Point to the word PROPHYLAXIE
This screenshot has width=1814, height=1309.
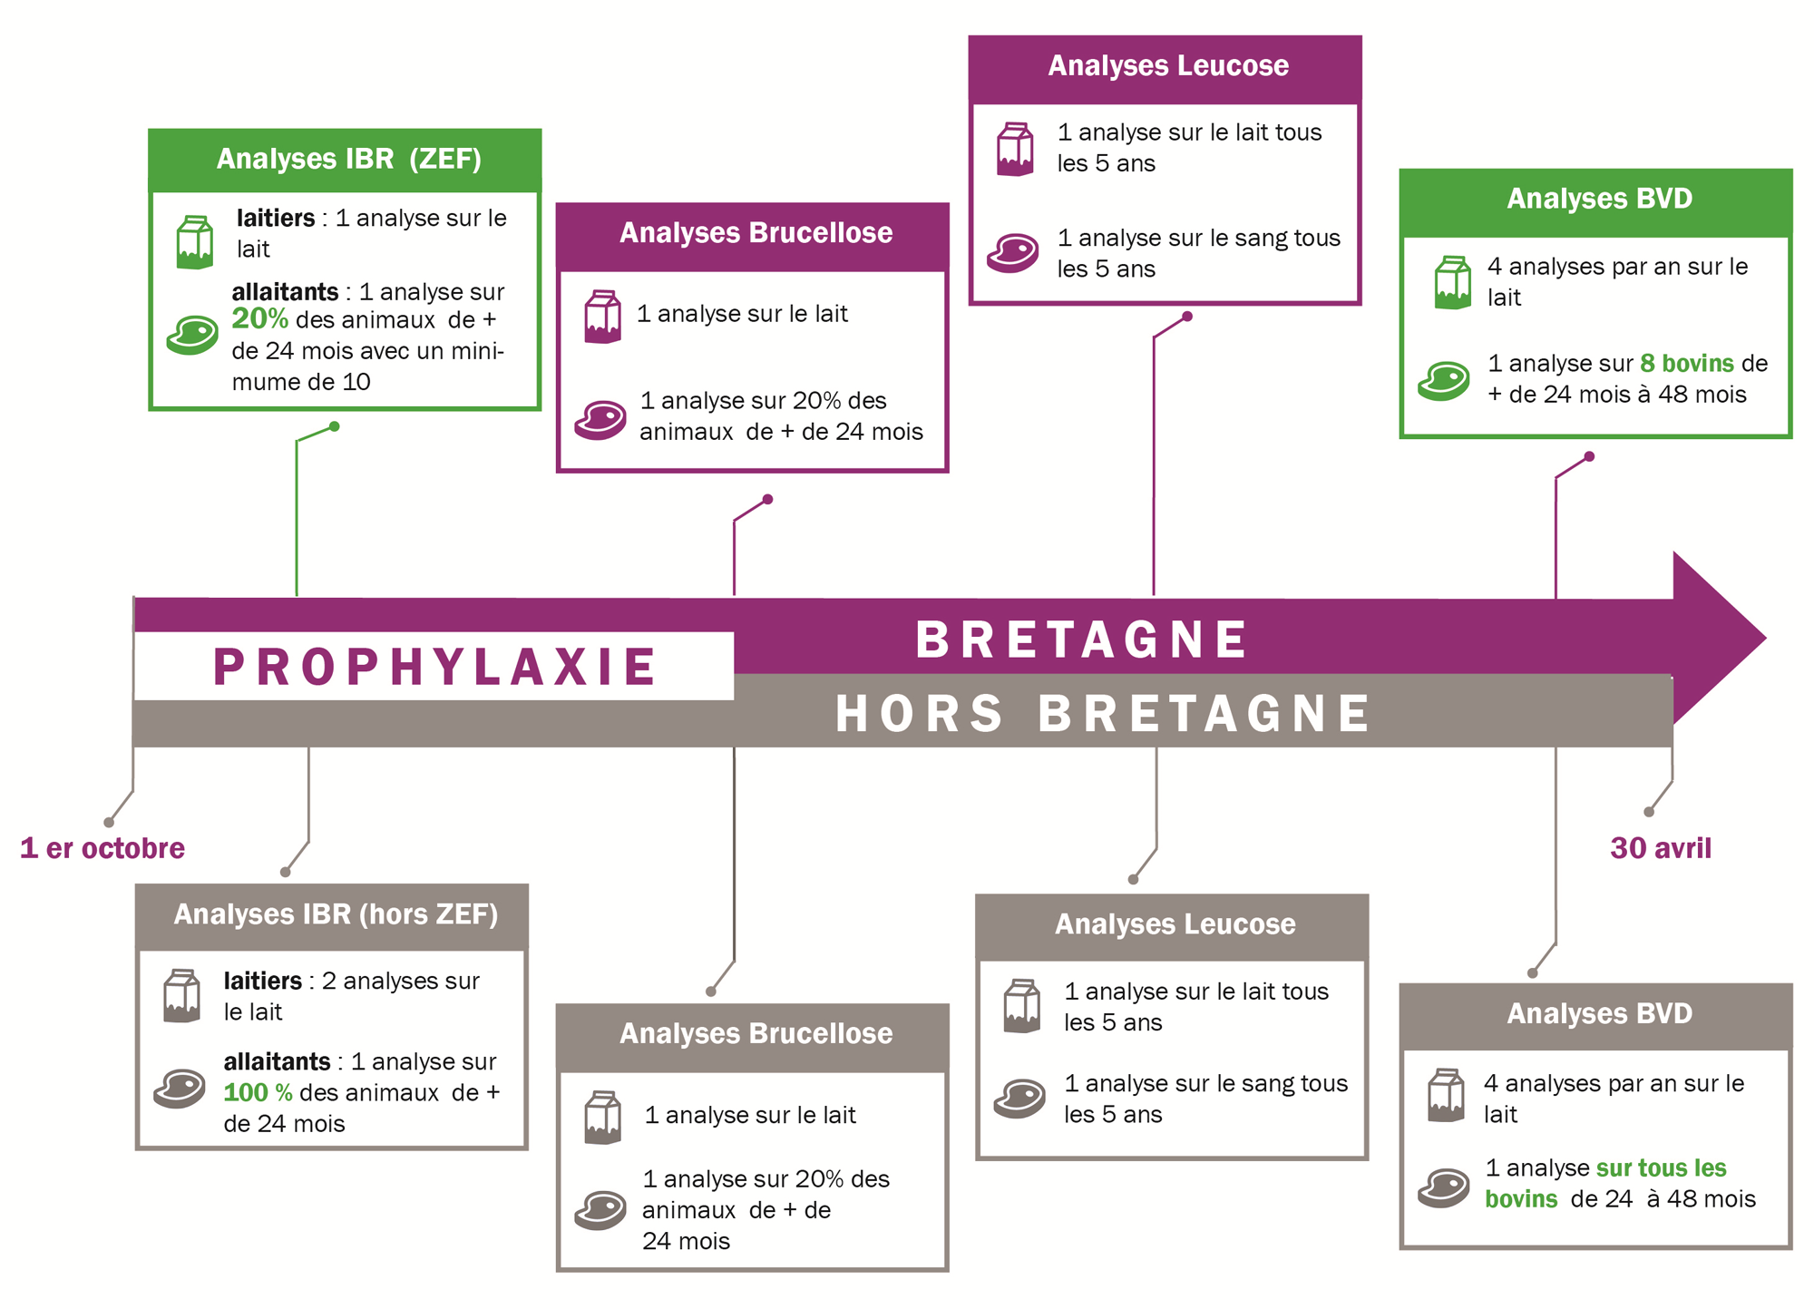point(435,667)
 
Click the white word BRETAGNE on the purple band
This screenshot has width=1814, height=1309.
point(1081,640)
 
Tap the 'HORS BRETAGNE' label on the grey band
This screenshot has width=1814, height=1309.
point(1102,713)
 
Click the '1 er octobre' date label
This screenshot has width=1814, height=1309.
point(102,848)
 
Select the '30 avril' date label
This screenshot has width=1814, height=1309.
point(1661,848)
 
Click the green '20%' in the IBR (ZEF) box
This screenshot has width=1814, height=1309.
point(259,319)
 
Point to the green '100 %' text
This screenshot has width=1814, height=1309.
point(258,1092)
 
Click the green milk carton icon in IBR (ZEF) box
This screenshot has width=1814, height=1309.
point(195,242)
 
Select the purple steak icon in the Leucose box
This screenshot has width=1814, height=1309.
point(1012,253)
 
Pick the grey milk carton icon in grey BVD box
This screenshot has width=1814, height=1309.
point(1446,1096)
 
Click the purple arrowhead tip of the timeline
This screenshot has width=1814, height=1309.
point(1765,638)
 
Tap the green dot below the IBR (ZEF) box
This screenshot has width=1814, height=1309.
point(335,426)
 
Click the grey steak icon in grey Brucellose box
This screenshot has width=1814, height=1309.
point(600,1209)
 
